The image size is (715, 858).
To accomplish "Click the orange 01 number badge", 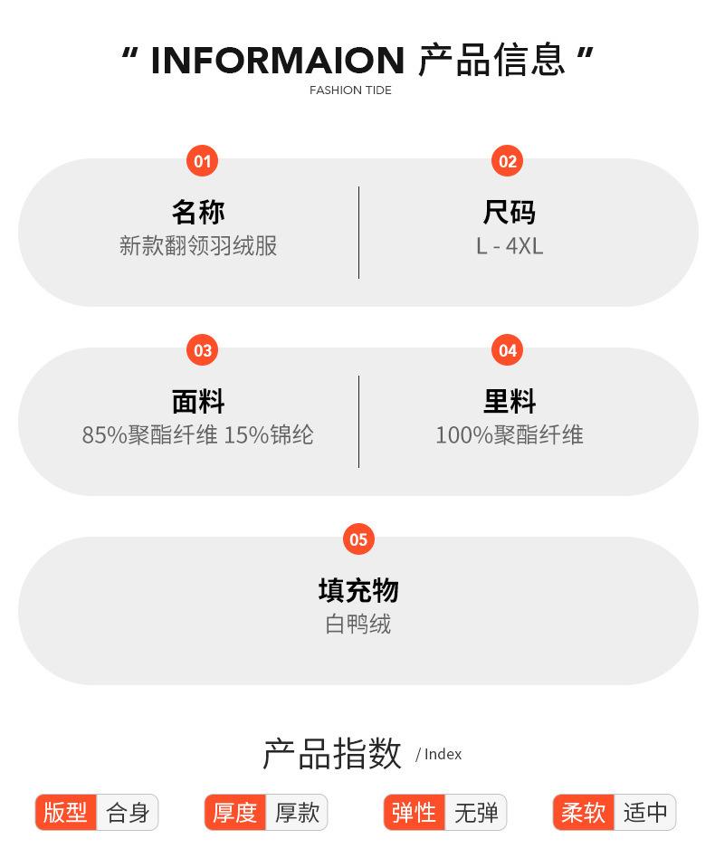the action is click(202, 161).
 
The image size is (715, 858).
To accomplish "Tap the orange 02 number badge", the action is click(508, 161).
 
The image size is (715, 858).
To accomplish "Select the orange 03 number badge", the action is click(202, 350).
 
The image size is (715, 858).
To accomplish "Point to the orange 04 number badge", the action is click(508, 350).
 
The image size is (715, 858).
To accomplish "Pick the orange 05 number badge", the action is click(358, 539).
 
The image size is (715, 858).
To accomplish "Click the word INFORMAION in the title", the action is click(277, 61).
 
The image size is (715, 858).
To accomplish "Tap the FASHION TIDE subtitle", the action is click(350, 91).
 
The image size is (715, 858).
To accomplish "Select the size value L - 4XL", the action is click(510, 246).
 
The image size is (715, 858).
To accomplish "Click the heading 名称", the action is click(198, 212).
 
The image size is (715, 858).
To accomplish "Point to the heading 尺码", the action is click(510, 212).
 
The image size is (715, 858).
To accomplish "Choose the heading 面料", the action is click(198, 401).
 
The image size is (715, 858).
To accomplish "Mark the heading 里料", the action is click(510, 401).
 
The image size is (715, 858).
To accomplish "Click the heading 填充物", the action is click(358, 590).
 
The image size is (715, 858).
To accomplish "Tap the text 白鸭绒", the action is click(358, 624).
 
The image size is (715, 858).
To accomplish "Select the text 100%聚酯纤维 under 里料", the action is click(510, 435).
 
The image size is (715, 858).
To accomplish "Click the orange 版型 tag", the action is click(65, 813).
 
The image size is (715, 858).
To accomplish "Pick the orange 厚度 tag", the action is click(235, 813).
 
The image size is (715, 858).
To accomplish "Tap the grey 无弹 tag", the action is click(476, 813).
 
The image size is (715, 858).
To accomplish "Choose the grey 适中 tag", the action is click(645, 813).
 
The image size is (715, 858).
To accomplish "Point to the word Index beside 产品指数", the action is click(443, 754).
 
